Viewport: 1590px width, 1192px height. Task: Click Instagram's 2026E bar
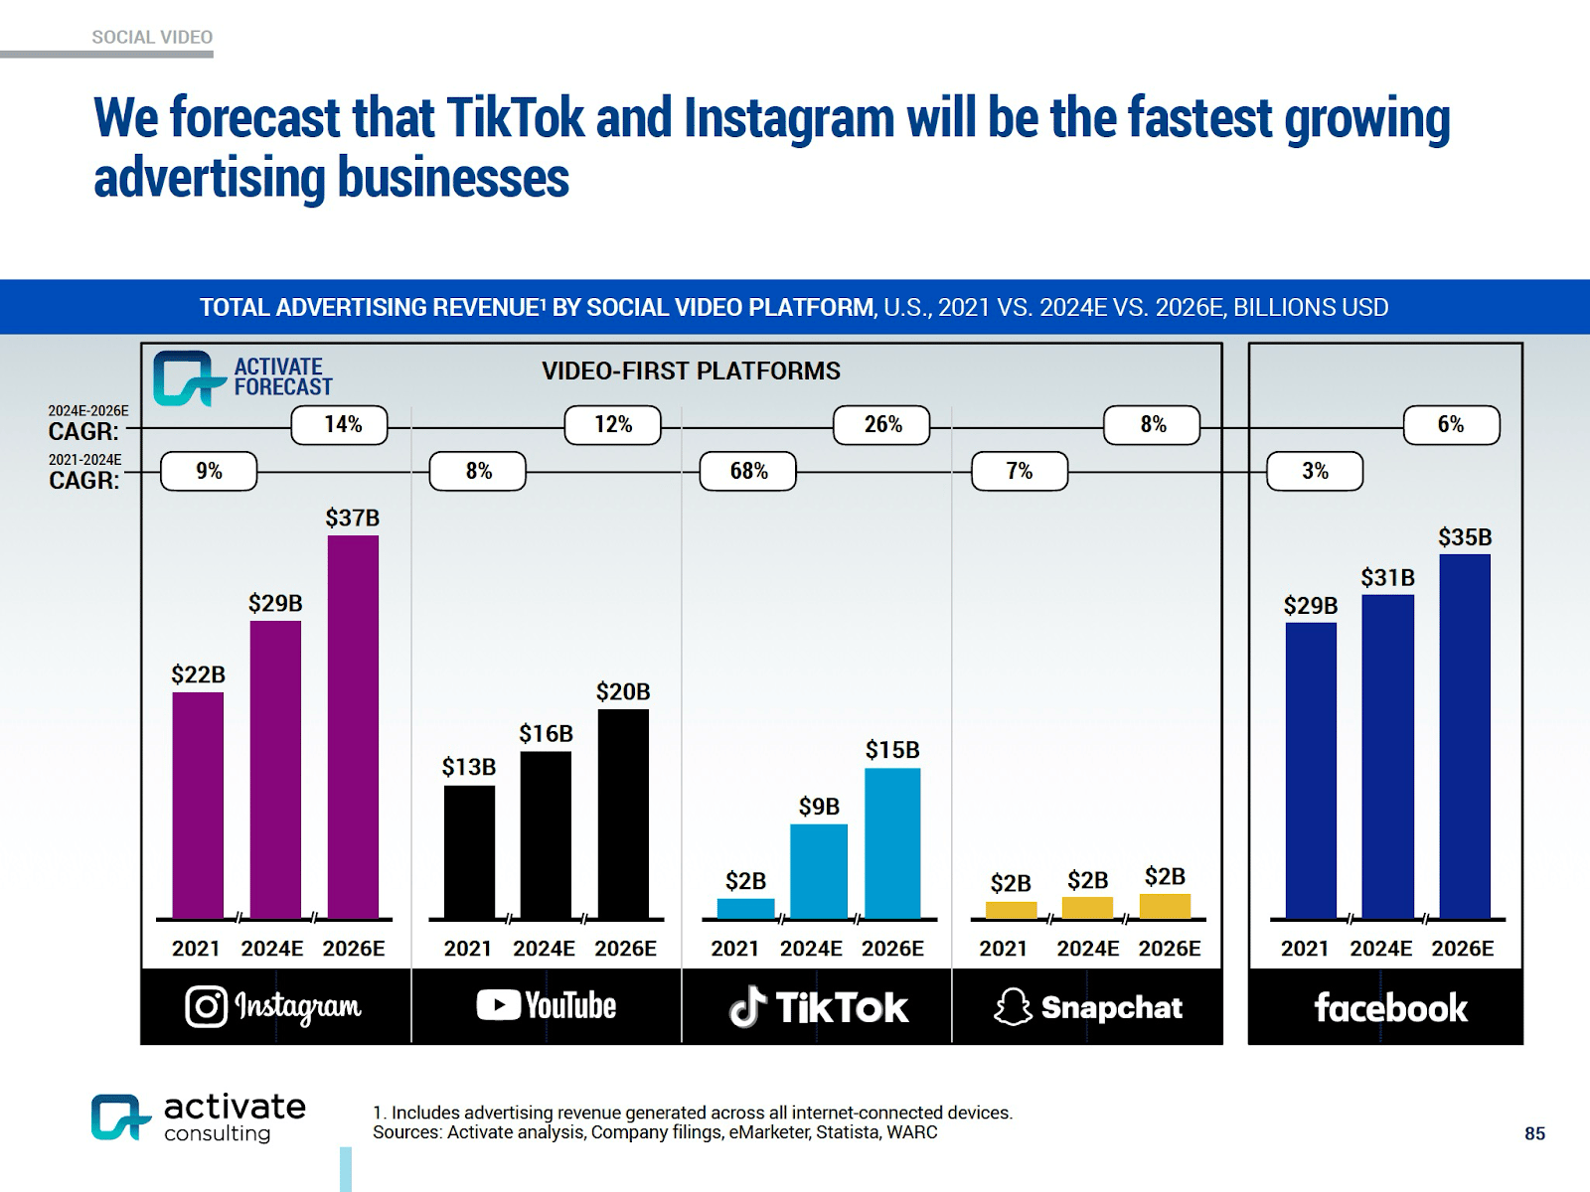point(353,727)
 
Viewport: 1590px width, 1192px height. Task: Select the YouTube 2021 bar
point(469,852)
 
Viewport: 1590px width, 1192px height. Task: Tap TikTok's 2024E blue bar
point(819,871)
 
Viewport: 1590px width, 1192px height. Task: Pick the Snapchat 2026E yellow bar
point(1165,906)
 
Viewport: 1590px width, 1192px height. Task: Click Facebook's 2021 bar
point(1311,771)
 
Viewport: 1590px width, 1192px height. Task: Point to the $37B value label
point(353,518)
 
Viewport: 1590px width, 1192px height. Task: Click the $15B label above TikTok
point(892,750)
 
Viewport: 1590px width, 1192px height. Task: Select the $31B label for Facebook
point(1387,577)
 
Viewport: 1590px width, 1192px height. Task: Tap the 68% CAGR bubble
point(748,471)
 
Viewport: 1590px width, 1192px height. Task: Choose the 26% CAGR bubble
point(882,424)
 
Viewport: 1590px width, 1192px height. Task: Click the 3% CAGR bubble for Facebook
point(1315,471)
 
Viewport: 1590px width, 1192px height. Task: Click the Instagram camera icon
point(206,1006)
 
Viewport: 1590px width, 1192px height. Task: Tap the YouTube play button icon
point(498,1005)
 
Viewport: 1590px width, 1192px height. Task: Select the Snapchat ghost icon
point(1013,1007)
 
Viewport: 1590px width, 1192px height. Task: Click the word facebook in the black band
point(1390,1008)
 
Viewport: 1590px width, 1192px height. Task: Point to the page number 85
point(1534,1133)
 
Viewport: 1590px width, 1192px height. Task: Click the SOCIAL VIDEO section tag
point(152,37)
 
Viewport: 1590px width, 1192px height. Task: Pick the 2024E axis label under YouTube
point(544,949)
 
